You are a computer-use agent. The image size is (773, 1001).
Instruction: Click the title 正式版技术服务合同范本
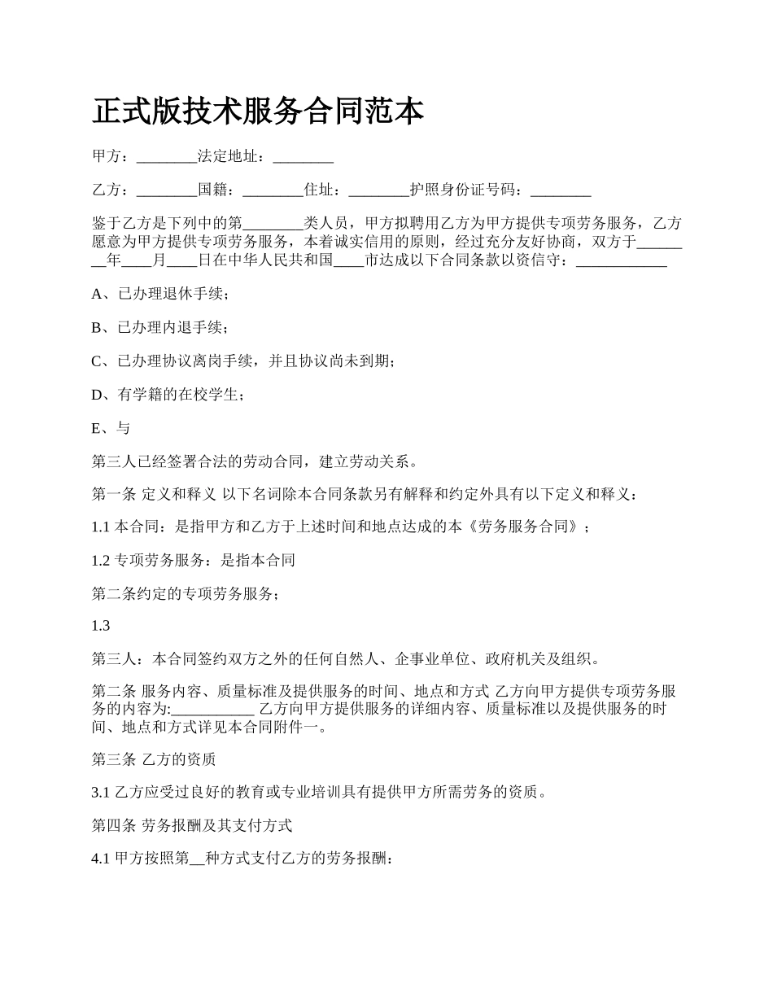[x=258, y=111]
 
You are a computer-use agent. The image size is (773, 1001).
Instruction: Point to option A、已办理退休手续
[x=160, y=294]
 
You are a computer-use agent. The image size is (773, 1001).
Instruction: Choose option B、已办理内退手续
[x=160, y=327]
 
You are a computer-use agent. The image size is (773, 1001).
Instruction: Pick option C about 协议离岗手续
[x=243, y=361]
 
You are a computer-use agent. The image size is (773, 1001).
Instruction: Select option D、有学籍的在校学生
[x=167, y=394]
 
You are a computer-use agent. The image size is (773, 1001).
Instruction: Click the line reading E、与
[x=111, y=427]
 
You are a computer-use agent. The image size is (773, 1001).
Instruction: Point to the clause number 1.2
[x=101, y=560]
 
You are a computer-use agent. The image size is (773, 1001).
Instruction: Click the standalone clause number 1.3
[x=101, y=626]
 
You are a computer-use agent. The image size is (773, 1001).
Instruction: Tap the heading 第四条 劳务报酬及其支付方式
[x=192, y=825]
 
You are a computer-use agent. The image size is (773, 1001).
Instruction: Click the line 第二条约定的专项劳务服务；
[x=186, y=593]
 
